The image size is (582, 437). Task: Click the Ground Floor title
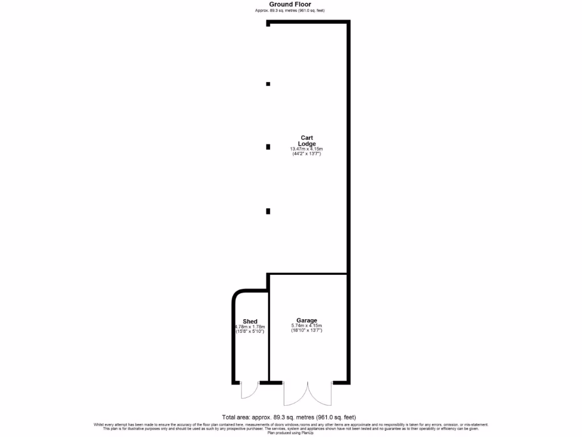(x=290, y=5)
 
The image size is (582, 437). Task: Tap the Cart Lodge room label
(x=307, y=141)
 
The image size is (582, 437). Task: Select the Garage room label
(x=307, y=320)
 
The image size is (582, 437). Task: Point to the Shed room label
(x=250, y=322)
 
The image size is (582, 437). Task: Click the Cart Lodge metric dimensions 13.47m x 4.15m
(x=307, y=149)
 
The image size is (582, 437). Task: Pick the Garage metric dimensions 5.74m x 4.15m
(x=307, y=325)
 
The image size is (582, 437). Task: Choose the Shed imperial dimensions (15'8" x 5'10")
(x=250, y=331)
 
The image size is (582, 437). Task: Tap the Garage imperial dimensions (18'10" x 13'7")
(x=307, y=331)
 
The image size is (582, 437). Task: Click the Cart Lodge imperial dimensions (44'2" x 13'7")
(x=307, y=154)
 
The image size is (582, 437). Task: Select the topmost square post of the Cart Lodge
(x=268, y=84)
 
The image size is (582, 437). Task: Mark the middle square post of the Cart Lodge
(x=268, y=147)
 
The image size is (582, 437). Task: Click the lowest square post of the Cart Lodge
(x=268, y=211)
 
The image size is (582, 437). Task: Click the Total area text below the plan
(x=290, y=417)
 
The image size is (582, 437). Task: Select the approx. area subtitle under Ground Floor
(x=290, y=11)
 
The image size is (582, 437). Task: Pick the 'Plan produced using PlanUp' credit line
(x=290, y=432)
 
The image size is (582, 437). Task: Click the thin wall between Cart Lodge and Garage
(x=308, y=274)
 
